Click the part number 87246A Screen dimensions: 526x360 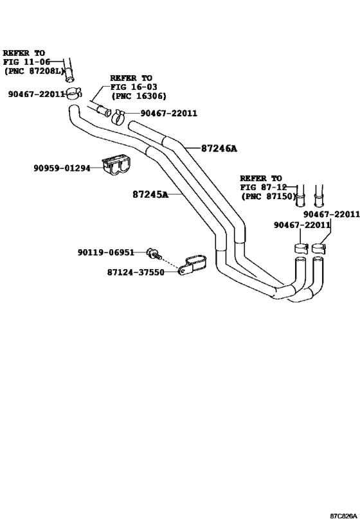pyautogui.click(x=210, y=148)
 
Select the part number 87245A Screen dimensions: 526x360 pyautogui.click(x=150, y=194)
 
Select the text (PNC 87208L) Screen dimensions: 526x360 pyautogui.click(x=33, y=72)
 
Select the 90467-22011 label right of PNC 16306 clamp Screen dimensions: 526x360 pyautogui.click(x=168, y=114)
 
